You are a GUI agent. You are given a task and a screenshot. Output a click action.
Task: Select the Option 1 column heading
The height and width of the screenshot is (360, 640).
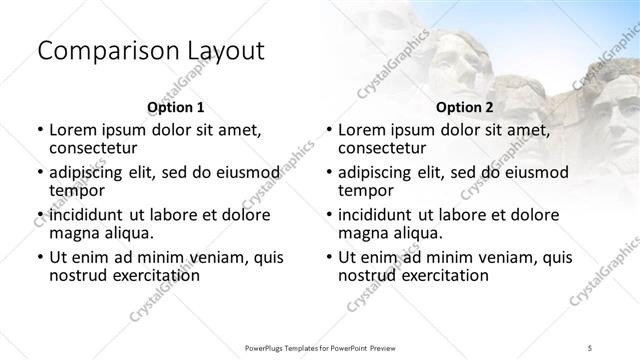coord(176,107)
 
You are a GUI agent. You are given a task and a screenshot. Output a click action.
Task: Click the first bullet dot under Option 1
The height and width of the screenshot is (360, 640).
coord(39,130)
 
